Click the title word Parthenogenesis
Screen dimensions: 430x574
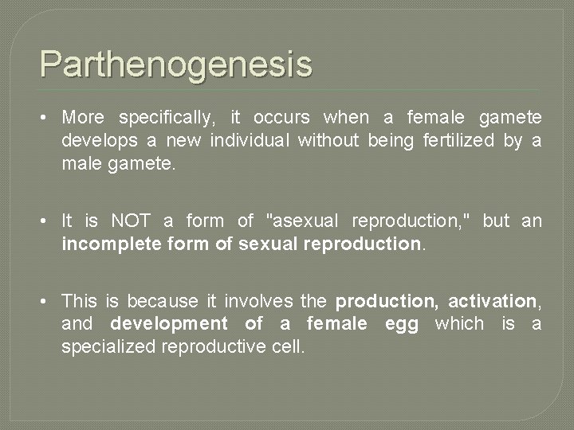pyautogui.click(x=176, y=64)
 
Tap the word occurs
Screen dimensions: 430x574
pyautogui.click(x=281, y=118)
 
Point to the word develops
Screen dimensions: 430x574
pyautogui.click(x=97, y=141)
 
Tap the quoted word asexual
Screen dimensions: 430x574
pyautogui.click(x=306, y=221)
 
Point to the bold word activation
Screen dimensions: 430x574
pyautogui.click(x=492, y=301)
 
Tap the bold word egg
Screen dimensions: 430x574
pyautogui.click(x=402, y=324)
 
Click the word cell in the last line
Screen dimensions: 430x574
pyautogui.click(x=290, y=347)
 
